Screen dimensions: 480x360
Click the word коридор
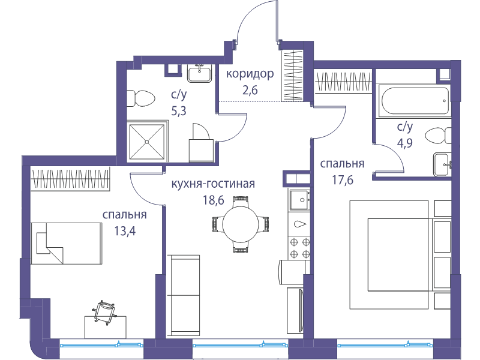[250, 74]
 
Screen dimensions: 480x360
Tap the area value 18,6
[214, 200]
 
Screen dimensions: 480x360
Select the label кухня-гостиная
[213, 184]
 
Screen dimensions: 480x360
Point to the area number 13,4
[125, 231]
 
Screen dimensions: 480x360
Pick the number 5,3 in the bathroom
[179, 111]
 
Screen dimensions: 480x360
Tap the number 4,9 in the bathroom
[405, 143]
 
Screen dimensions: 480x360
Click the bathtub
[415, 101]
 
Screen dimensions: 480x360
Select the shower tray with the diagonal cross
[147, 142]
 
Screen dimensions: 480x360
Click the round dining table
[241, 224]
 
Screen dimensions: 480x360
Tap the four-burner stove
[300, 247]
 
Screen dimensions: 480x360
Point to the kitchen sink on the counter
[300, 200]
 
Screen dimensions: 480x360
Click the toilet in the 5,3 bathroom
[141, 98]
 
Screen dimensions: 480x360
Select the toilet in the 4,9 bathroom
[439, 136]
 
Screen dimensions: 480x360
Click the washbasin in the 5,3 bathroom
[200, 73]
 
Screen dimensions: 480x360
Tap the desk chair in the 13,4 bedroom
[104, 311]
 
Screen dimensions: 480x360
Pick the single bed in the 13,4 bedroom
[67, 244]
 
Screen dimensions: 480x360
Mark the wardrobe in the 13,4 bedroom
[70, 179]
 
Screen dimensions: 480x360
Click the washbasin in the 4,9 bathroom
[442, 164]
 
